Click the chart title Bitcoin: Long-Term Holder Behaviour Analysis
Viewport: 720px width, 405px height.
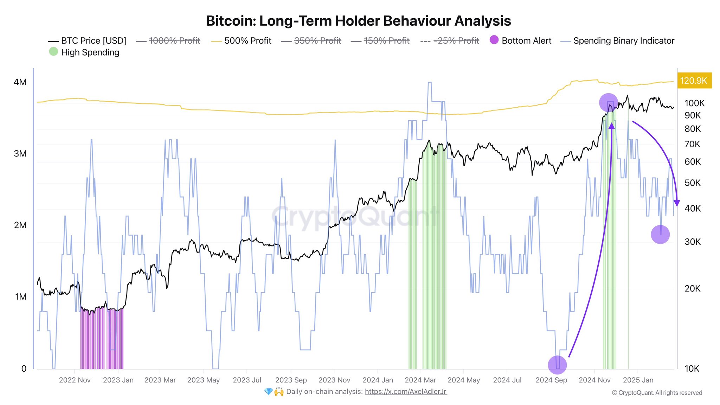pos(358,21)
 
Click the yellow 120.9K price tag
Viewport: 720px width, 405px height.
pos(693,81)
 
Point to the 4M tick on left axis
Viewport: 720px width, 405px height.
pos(20,82)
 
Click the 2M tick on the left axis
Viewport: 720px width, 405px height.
pos(20,225)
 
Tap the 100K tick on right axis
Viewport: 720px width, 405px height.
pos(694,103)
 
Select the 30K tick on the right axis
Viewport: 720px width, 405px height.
pos(693,242)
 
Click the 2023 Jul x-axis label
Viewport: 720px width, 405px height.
pos(247,380)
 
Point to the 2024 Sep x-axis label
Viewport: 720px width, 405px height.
pos(551,380)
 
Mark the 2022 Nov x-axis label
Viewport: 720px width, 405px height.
pos(75,380)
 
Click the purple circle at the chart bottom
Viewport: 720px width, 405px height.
pos(557,365)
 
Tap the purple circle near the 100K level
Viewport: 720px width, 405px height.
pos(608,103)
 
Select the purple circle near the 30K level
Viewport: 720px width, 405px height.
pos(660,234)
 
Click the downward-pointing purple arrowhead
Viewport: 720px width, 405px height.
pos(677,204)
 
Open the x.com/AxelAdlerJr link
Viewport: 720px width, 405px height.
pos(406,392)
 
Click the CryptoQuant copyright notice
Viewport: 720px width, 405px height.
pos(657,393)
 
